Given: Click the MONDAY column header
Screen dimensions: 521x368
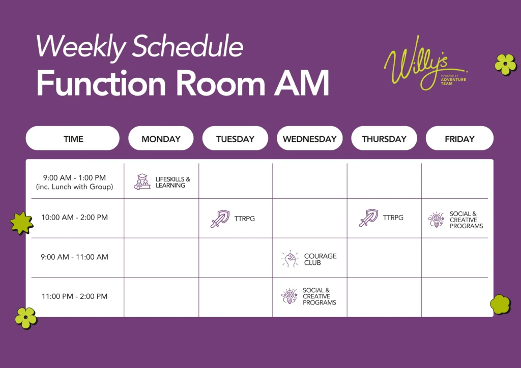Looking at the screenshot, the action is [x=161, y=138].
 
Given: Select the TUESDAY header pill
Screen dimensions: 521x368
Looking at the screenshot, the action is [x=235, y=138].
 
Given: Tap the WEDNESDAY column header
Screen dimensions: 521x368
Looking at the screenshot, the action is [x=310, y=138].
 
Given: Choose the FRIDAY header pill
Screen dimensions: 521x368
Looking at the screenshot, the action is [x=459, y=138].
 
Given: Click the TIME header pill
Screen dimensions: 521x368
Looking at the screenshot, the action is [x=73, y=138].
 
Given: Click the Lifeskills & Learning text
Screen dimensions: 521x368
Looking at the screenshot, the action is [x=173, y=182].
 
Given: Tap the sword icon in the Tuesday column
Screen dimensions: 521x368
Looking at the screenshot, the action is [x=220, y=219].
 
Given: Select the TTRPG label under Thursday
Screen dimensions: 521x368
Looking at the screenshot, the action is [x=393, y=218].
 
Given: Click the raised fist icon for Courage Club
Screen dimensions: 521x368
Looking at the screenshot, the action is [x=290, y=259].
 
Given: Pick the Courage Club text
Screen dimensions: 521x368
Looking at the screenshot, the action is [x=321, y=259].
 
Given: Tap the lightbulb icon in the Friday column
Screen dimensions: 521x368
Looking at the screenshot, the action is [x=436, y=220].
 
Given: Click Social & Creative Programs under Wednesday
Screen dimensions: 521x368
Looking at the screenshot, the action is [x=320, y=296].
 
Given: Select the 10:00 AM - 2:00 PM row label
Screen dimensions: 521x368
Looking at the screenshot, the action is [x=74, y=218].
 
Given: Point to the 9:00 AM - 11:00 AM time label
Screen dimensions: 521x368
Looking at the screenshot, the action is [x=74, y=257].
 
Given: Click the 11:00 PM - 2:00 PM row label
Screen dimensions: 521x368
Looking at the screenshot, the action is [x=74, y=296].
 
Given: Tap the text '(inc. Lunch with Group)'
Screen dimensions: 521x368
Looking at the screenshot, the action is [x=74, y=187].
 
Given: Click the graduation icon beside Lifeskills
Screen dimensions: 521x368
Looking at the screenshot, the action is [x=142, y=182].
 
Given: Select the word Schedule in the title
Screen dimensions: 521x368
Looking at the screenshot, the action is [x=188, y=46].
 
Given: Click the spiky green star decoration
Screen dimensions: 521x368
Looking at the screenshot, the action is [x=21, y=223].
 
